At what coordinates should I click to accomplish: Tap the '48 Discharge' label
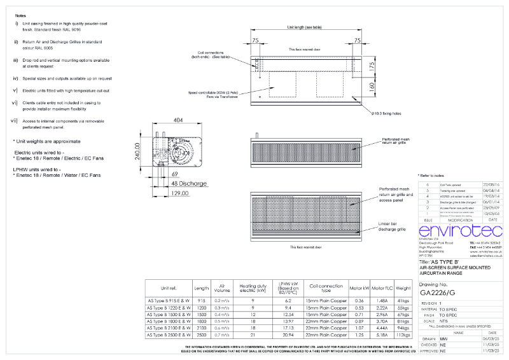pyautogui.click(x=189, y=183)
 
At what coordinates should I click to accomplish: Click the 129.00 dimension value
pyautogui.click(x=179, y=193)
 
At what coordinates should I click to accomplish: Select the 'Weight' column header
pyautogui.click(x=403, y=287)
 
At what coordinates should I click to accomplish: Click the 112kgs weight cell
pyautogui.click(x=403, y=334)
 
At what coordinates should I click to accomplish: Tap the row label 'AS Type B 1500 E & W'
pyautogui.click(x=168, y=314)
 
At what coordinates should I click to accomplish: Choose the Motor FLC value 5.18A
pyautogui.click(x=382, y=334)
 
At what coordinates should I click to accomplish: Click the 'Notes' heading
pyautogui.click(x=20, y=14)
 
